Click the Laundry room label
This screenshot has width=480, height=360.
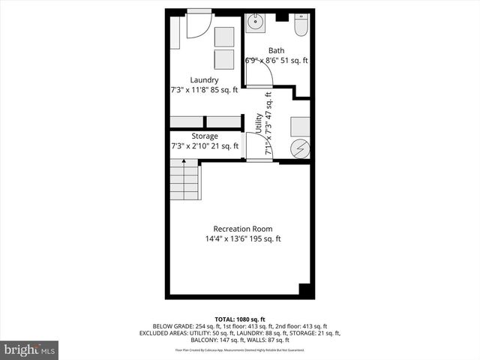point(204,80)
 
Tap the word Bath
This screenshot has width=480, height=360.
point(277,51)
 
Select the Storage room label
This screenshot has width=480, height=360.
point(204,136)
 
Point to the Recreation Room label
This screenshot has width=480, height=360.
point(243,229)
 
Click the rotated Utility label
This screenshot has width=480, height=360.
point(258,124)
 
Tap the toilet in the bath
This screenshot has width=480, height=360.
point(301,27)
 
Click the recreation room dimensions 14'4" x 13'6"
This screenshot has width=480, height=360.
point(243,239)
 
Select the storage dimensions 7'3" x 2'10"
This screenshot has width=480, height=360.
point(204,146)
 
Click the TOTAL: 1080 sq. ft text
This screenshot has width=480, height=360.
point(239,318)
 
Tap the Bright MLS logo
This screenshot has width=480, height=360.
point(30,349)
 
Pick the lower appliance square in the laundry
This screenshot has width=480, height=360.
point(224,59)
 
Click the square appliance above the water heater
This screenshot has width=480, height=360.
point(300,125)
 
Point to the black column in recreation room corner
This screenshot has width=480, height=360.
point(304,289)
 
